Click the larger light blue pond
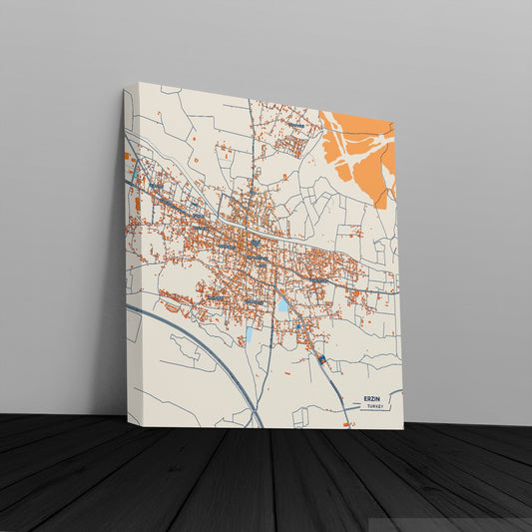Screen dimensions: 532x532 tap(282, 308)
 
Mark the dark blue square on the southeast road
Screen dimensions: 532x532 tap(321, 356)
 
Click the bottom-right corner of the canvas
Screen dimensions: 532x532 tap(403, 429)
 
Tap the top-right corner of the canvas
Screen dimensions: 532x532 tap(397, 118)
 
